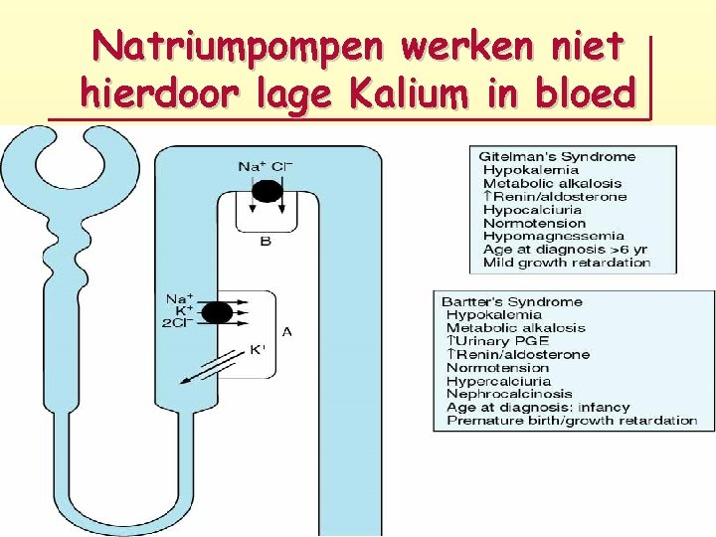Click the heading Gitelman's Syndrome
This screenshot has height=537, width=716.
click(557, 157)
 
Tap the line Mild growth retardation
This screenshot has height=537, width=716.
click(567, 263)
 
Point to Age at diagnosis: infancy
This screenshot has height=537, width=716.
click(533, 407)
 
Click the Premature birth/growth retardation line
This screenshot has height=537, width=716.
click(572, 420)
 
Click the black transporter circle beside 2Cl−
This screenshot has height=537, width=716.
click(218, 312)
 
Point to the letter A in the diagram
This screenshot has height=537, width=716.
click(286, 331)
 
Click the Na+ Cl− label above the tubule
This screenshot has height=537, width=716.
click(266, 166)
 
